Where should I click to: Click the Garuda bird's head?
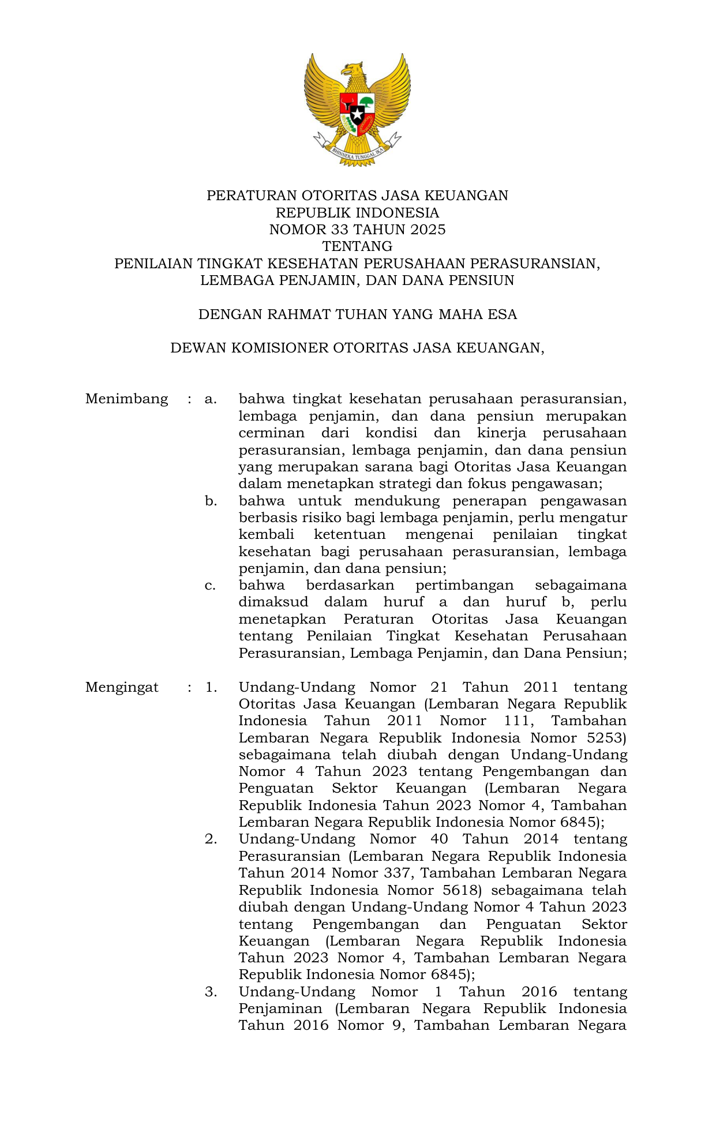(x=353, y=72)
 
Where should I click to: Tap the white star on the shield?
(x=357, y=114)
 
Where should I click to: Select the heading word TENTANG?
(x=357, y=246)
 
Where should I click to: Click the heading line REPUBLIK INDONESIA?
(x=357, y=213)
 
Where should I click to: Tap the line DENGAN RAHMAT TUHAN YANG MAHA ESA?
(x=357, y=314)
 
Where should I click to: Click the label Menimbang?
(x=126, y=399)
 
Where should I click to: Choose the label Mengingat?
(x=122, y=687)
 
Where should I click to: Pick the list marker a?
(x=211, y=399)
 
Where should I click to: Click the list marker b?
(x=211, y=501)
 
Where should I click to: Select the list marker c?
(x=211, y=586)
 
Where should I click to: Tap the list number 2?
(x=211, y=839)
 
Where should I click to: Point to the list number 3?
(x=211, y=992)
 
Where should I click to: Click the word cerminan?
(x=271, y=433)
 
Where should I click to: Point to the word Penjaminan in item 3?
(x=280, y=1009)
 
